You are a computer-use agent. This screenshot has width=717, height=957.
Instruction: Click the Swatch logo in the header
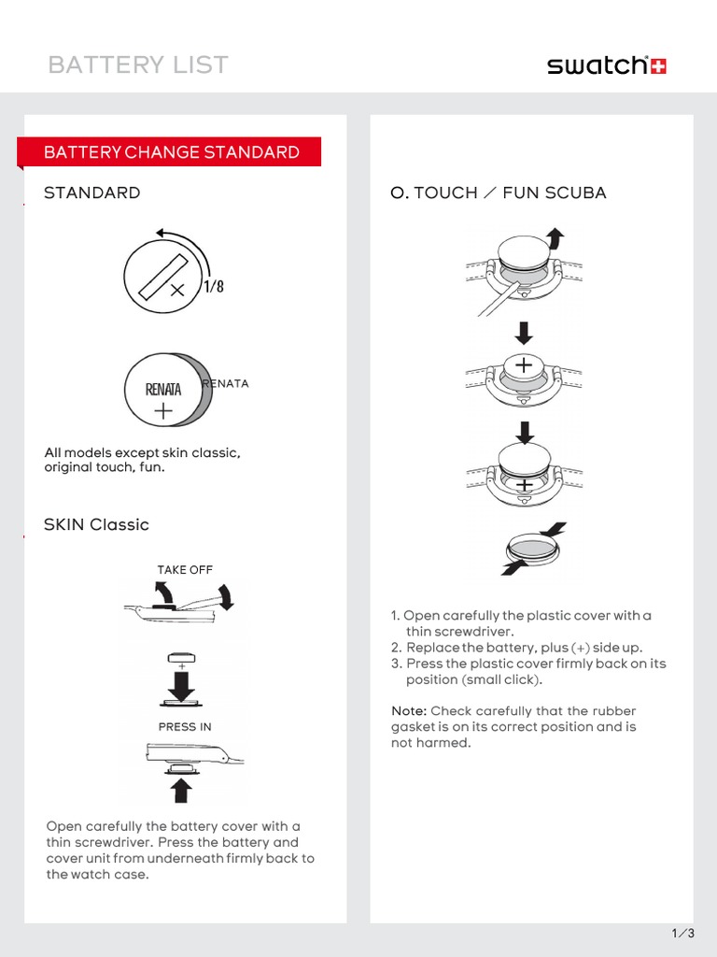pyautogui.click(x=606, y=65)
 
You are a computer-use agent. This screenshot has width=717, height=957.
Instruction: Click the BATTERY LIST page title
pyautogui.click(x=137, y=64)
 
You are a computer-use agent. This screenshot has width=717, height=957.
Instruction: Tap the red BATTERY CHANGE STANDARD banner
pyautogui.click(x=172, y=152)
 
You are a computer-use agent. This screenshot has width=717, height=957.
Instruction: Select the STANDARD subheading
pyautogui.click(x=91, y=193)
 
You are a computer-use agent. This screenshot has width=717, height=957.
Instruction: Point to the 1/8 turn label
pyautogui.click(x=214, y=287)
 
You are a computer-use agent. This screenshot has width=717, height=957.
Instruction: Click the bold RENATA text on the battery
pyautogui.click(x=163, y=389)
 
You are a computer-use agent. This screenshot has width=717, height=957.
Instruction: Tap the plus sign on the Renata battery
pyautogui.click(x=163, y=410)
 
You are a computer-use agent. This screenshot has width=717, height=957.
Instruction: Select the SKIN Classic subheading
pyautogui.click(x=96, y=524)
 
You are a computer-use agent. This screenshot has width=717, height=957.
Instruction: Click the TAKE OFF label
pyautogui.click(x=185, y=570)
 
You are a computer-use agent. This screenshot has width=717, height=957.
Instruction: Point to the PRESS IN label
pyautogui.click(x=185, y=726)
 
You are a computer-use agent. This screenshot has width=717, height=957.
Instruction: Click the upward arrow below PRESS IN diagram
pyautogui.click(x=182, y=791)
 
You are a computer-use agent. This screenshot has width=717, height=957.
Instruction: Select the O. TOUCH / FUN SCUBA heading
pyautogui.click(x=499, y=193)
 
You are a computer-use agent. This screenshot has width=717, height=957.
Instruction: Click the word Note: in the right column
pyautogui.click(x=409, y=710)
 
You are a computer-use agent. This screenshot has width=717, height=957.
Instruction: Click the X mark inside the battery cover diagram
pyautogui.click(x=177, y=291)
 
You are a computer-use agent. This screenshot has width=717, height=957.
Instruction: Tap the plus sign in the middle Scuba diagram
pyautogui.click(x=525, y=364)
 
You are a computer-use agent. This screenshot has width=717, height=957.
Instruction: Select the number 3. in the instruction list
pyautogui.click(x=396, y=664)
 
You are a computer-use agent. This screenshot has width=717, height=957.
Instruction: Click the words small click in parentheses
pyautogui.click(x=501, y=679)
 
